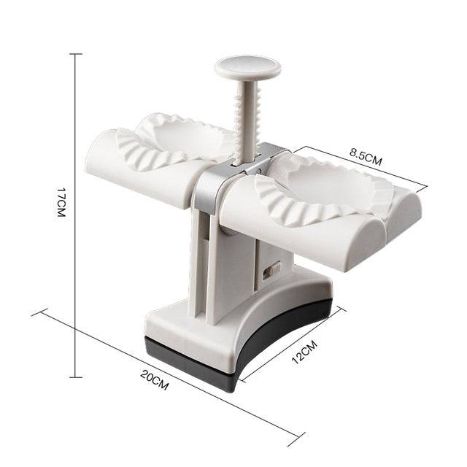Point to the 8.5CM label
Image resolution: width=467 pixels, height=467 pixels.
click(x=366, y=157)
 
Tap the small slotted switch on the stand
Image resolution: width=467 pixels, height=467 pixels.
click(x=271, y=271)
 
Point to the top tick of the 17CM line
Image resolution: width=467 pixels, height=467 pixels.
click(x=77, y=54)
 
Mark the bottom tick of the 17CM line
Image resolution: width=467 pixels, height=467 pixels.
click(x=77, y=359)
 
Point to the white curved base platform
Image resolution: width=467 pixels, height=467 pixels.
click(x=241, y=321)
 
